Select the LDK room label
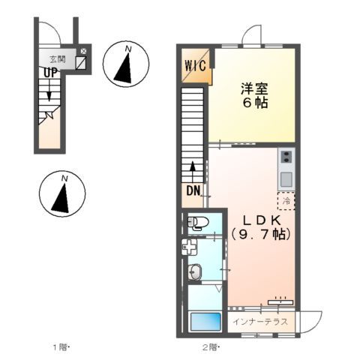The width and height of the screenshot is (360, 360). click(x=260, y=220)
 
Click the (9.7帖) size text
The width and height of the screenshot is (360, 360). click(x=260, y=234)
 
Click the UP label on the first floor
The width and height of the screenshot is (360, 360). click(x=49, y=73)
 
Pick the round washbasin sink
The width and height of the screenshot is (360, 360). click(x=196, y=272)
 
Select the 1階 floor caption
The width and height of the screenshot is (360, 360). click(x=60, y=347)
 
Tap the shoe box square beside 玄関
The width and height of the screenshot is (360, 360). click(x=81, y=63)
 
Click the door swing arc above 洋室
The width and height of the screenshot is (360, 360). click(x=251, y=36)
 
